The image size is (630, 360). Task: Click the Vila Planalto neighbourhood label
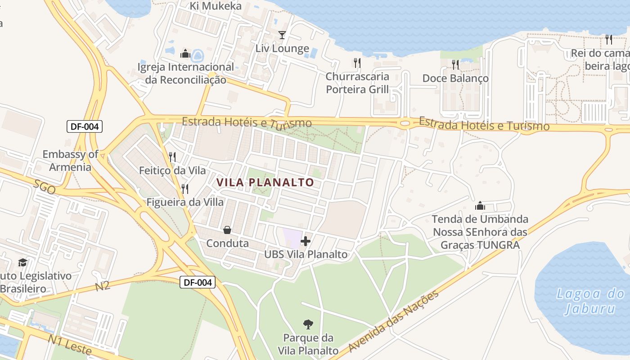click(265, 182)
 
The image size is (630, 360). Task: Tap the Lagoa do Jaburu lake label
click(590, 301)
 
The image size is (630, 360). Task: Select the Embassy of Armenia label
click(70, 161)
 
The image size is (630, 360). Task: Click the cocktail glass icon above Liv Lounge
click(282, 35)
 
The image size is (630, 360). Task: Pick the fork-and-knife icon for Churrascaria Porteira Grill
click(357, 63)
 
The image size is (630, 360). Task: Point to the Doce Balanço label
click(455, 78)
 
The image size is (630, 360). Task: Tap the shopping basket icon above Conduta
click(227, 230)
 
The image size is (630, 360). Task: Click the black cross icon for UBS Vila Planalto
click(306, 241)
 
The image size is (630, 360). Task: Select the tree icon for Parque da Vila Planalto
click(308, 324)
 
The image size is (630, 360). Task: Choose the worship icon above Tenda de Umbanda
click(480, 206)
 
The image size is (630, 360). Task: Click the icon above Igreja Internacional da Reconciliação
click(185, 54)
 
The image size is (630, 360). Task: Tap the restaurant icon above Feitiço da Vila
click(172, 157)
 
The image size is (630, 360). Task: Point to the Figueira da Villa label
click(185, 202)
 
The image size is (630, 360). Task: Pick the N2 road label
click(103, 285)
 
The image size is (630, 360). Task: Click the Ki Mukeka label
click(216, 6)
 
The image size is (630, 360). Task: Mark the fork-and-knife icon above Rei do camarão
click(609, 40)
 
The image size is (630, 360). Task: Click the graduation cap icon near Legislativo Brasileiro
click(22, 262)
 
